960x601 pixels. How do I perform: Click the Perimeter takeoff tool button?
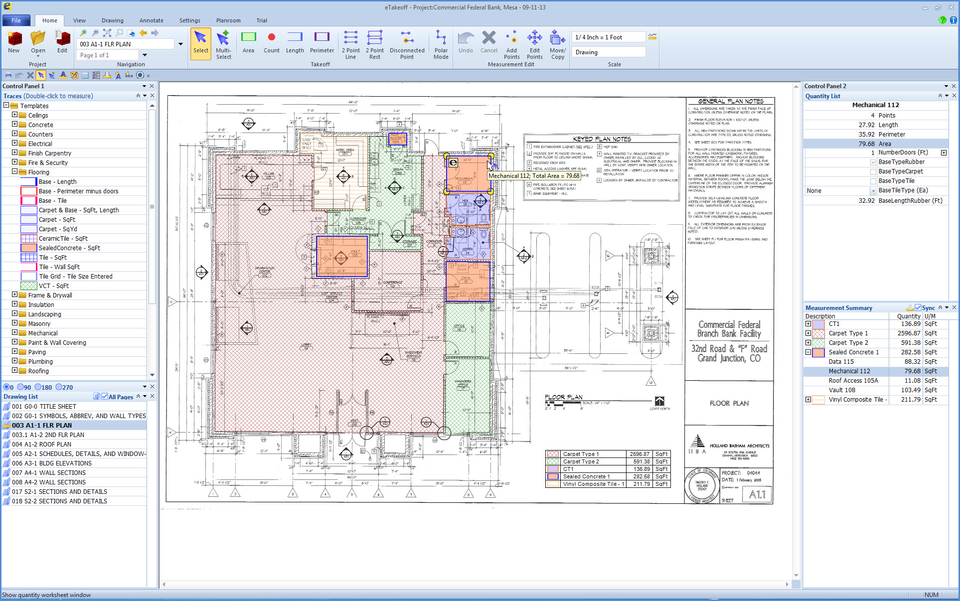coord(321,43)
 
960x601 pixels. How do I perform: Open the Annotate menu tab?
coord(151,20)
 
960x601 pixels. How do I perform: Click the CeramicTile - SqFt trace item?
coord(63,239)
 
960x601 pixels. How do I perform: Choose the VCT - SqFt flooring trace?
coord(53,286)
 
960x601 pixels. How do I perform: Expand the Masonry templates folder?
coord(14,323)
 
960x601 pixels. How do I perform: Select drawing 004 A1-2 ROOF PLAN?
coord(41,445)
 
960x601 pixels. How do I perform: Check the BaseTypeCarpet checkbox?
coord(873,172)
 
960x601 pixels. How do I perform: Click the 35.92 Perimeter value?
coord(866,135)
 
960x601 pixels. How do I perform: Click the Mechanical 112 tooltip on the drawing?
coord(533,176)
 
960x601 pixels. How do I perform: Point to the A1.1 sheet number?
coord(757,494)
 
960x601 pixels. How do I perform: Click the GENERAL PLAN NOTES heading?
coord(730,101)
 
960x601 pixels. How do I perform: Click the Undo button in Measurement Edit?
coord(466,43)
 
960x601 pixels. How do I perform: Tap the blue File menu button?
coord(16,20)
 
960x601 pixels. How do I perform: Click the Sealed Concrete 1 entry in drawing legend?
coord(586,477)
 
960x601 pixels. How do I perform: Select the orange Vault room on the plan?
coord(342,256)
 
